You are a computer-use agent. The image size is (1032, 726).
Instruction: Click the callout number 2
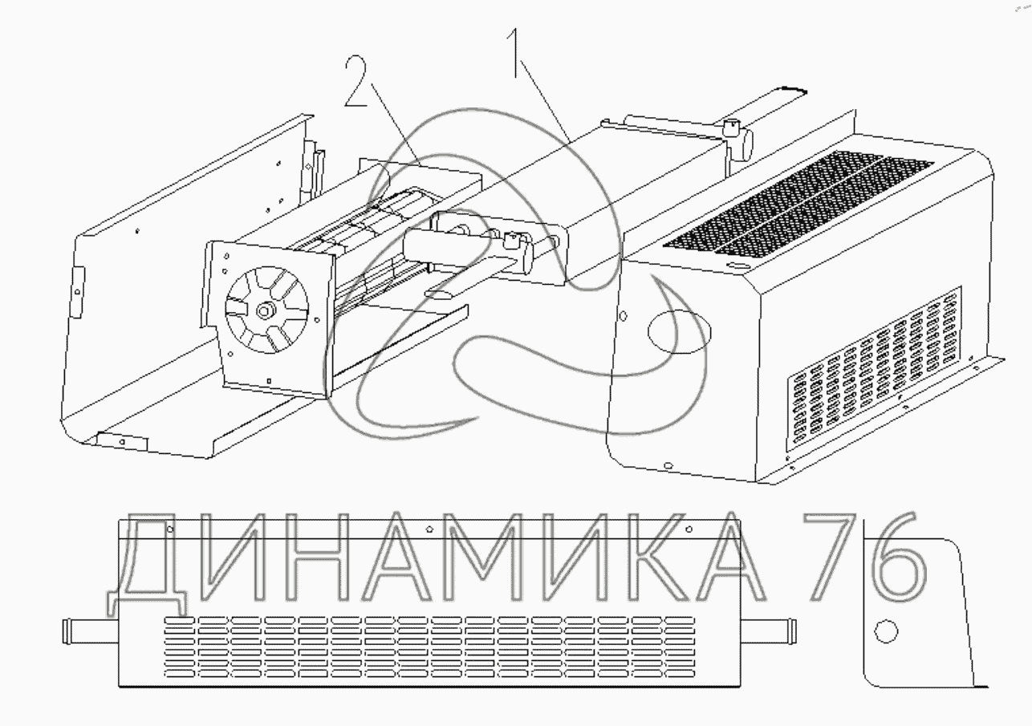[356, 80]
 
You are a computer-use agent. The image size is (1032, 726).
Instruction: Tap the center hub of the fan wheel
[264, 311]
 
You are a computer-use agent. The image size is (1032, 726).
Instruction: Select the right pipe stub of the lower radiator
[769, 631]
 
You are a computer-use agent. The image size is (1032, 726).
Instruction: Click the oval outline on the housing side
[680, 332]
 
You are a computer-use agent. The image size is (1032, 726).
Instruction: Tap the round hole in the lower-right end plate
[885, 631]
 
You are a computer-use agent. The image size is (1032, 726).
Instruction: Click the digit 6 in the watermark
[895, 557]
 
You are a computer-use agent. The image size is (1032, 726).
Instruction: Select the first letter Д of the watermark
[148, 564]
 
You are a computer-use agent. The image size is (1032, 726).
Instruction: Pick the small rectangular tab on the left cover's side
[78, 292]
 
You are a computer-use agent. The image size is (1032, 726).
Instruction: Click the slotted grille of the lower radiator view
[429, 647]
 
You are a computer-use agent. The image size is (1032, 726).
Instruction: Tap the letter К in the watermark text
[639, 557]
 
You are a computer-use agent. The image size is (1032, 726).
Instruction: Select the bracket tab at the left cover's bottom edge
[122, 442]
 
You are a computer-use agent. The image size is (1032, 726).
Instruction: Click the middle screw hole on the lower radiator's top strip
[429, 529]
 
